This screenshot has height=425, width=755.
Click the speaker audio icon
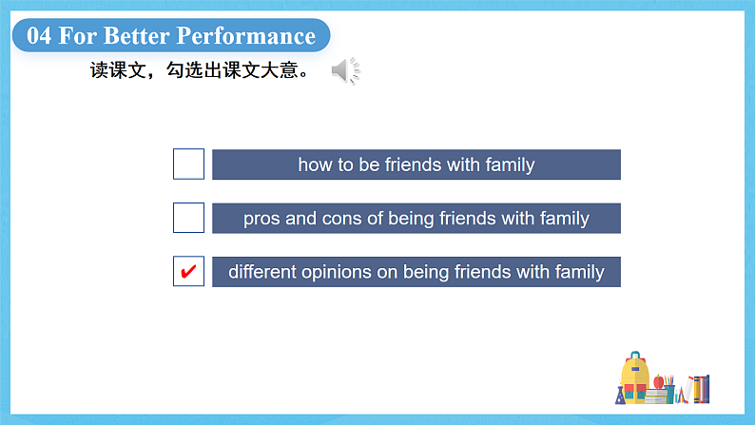coord(345,70)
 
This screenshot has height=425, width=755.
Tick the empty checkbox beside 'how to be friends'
coord(188,164)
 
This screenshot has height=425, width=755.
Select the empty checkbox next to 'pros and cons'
coord(188,218)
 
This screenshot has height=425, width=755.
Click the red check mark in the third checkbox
coord(188,272)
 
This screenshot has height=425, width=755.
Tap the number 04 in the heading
coord(39,37)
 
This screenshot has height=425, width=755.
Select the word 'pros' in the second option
coord(261,219)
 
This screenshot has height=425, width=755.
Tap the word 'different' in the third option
coord(261,272)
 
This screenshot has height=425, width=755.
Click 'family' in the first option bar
coord(510,164)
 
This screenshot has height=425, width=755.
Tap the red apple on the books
coord(658,382)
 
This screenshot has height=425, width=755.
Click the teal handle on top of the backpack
coord(633,356)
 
